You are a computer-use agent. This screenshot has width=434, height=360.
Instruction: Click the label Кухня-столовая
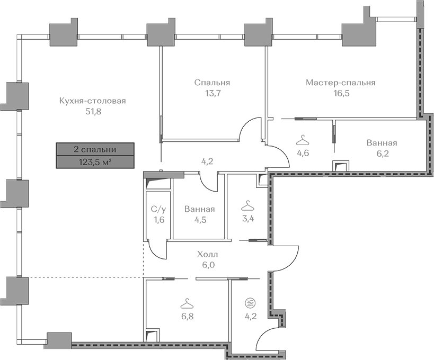(x=93, y=101)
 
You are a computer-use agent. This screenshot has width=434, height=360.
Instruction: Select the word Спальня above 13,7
(x=212, y=83)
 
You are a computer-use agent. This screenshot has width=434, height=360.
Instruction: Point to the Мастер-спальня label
(x=340, y=83)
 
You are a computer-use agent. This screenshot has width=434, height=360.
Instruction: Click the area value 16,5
(x=342, y=93)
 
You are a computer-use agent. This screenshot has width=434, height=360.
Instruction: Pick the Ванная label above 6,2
(x=382, y=143)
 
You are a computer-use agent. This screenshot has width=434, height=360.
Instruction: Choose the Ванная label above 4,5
(x=200, y=209)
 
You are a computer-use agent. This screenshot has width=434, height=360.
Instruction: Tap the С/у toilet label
(x=158, y=210)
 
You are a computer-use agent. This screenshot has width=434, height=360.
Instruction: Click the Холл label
(x=208, y=254)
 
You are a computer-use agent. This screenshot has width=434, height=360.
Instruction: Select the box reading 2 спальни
(x=95, y=150)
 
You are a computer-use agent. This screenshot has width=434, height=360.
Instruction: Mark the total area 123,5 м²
(x=95, y=163)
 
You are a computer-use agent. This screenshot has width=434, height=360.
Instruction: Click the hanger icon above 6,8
(x=187, y=303)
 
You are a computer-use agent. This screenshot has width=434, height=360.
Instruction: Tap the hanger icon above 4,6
(x=303, y=140)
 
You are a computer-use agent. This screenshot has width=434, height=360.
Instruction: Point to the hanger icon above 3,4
(x=247, y=206)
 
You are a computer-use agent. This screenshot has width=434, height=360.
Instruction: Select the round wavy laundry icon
(x=250, y=303)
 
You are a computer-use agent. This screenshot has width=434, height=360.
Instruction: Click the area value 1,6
(x=158, y=220)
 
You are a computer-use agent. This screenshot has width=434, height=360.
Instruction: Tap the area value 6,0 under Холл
(x=208, y=265)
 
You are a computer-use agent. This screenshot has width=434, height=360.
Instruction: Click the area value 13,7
(x=212, y=93)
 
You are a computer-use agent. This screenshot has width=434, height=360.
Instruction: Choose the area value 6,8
(x=187, y=316)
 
